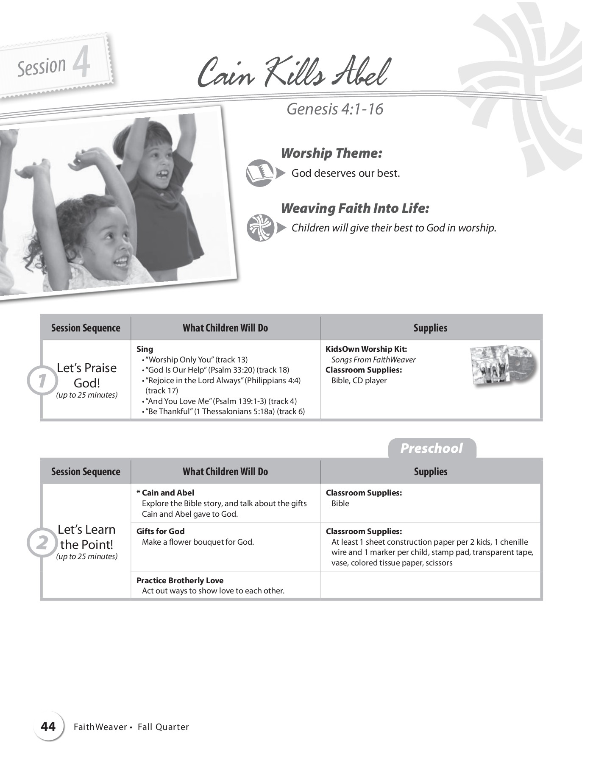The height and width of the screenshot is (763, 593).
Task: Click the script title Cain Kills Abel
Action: (x=293, y=73)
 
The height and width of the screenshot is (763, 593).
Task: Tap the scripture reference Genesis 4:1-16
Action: (x=335, y=109)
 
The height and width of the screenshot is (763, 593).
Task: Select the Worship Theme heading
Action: (x=331, y=153)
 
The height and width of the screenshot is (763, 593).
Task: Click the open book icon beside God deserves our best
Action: (x=259, y=173)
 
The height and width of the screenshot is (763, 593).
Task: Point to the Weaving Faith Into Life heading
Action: (x=355, y=208)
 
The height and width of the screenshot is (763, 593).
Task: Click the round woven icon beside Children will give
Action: (x=260, y=228)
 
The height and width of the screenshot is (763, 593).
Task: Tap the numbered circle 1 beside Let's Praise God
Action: (x=42, y=381)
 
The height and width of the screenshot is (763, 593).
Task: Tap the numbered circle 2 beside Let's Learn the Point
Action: (x=42, y=543)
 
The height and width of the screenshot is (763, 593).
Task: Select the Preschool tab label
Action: (x=432, y=448)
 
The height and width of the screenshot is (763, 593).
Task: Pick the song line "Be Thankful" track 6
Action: (x=225, y=411)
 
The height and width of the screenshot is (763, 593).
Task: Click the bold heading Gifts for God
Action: (x=160, y=531)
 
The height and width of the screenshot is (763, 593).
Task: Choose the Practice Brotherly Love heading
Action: (x=180, y=580)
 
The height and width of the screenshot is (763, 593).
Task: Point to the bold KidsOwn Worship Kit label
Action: (x=366, y=349)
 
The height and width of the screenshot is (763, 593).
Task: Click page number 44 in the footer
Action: (x=48, y=727)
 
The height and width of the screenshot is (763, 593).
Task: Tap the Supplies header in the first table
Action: (x=430, y=328)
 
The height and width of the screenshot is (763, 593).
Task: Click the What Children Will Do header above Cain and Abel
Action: (x=225, y=471)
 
